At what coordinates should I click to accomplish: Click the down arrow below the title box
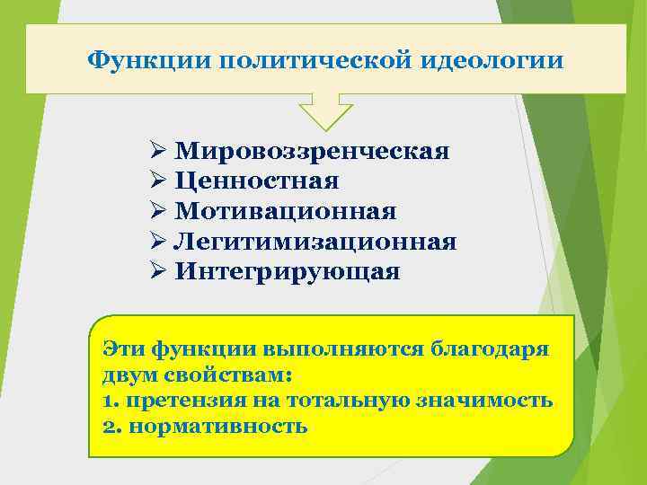tap(325, 111)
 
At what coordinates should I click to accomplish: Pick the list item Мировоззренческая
tap(313, 150)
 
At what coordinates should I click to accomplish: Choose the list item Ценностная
tap(257, 181)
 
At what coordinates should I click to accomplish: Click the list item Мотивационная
tap(286, 211)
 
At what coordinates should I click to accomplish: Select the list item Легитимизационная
tap(315, 242)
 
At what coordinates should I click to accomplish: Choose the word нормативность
tap(218, 427)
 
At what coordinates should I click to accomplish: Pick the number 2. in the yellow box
tap(112, 427)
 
